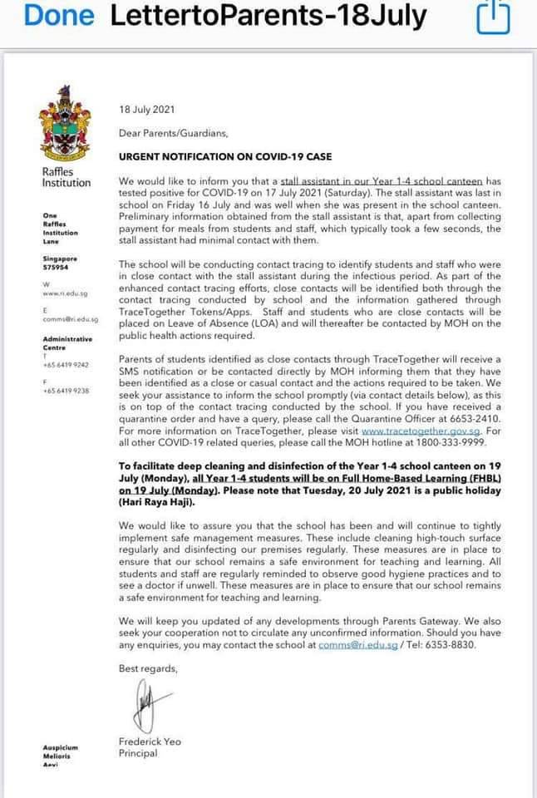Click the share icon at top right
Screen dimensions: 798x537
(x=491, y=17)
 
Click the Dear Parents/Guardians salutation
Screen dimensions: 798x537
(x=173, y=132)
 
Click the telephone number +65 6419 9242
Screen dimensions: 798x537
(x=65, y=364)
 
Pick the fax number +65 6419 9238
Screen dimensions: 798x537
(x=65, y=390)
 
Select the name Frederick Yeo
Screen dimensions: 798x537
(x=150, y=741)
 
